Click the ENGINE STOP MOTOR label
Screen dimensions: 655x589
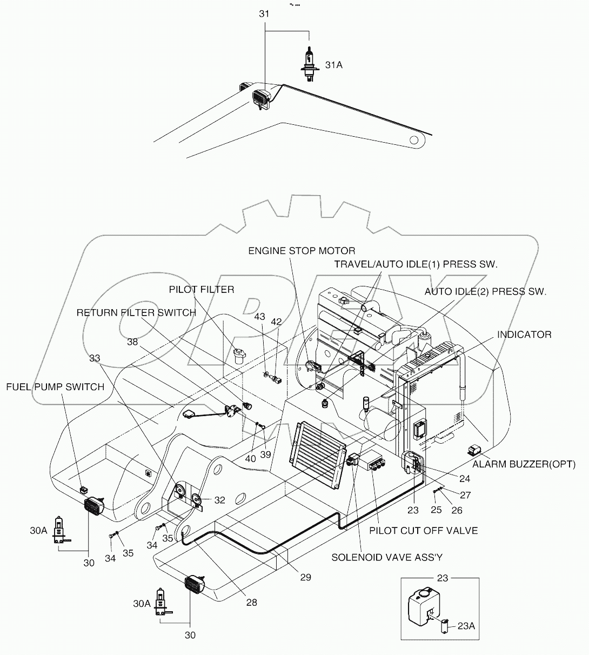[x=302, y=251]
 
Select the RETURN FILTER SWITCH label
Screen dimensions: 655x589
[x=136, y=313]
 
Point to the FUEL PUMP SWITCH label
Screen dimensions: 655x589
[x=55, y=387]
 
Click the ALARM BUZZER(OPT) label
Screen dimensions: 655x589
[x=524, y=464]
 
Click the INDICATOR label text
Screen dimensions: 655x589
[x=524, y=335]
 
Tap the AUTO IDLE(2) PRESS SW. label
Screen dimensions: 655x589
[x=485, y=291]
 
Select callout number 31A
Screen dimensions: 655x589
[x=333, y=65]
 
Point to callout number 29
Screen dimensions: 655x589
[x=305, y=577]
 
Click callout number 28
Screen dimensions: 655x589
[x=251, y=602]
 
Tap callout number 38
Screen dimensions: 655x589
[x=133, y=342]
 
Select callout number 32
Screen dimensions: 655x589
[x=219, y=500]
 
